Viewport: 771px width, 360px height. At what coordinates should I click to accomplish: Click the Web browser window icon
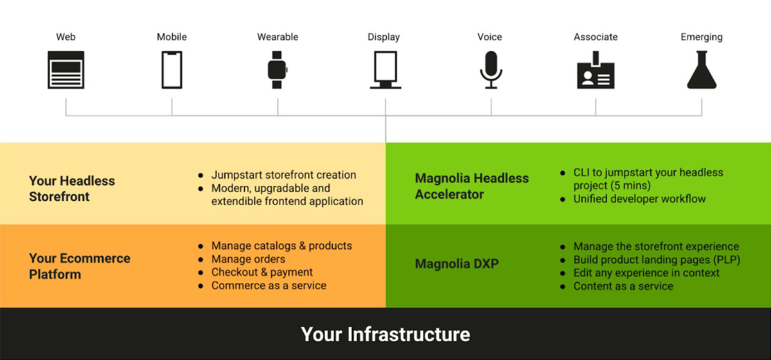pos(66,69)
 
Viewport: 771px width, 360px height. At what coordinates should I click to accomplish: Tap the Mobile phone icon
pos(172,69)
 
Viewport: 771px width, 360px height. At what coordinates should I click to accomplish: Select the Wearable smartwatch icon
pos(276,69)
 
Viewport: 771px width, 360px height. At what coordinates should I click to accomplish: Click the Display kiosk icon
pos(385,69)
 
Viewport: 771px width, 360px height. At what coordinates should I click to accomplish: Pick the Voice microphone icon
pos(491,69)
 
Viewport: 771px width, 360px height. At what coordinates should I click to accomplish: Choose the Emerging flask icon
pos(701,69)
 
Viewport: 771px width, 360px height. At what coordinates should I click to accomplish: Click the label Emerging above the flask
pos(701,37)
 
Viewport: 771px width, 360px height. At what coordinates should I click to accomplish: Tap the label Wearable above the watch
pos(278,37)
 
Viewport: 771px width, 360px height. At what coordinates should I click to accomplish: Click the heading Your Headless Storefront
pos(71,189)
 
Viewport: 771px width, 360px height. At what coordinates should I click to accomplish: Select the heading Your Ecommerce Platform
pos(79,266)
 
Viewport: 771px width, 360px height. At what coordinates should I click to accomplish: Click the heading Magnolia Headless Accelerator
pos(472,186)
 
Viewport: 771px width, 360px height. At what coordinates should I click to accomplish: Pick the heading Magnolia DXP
pos(456,264)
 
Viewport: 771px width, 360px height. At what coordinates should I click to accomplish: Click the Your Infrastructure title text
pos(385,334)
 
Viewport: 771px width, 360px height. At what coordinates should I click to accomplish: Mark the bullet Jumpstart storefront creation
pos(283,175)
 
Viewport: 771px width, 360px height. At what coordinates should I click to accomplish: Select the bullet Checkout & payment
pos(262,272)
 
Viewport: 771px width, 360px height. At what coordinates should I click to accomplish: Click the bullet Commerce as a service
pos(269,285)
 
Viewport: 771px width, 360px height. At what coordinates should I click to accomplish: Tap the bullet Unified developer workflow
pos(639,199)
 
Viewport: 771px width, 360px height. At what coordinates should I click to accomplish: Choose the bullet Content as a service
pos(623,286)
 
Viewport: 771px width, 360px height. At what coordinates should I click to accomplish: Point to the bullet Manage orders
pos(248,259)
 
